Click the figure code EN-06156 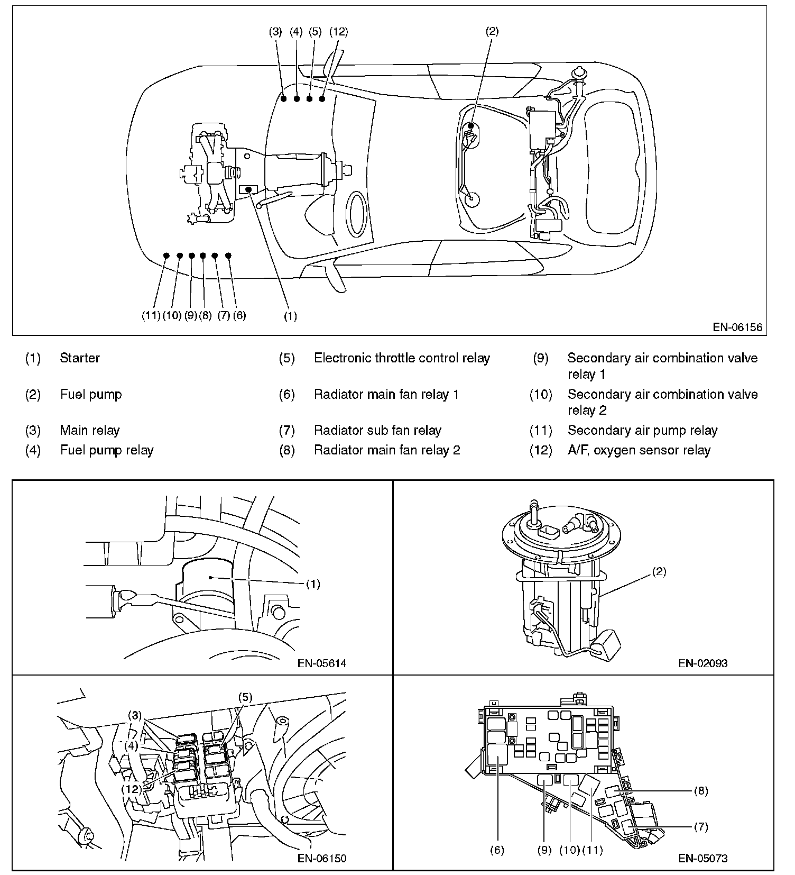click(737, 327)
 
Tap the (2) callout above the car click(492, 31)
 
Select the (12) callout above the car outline click(338, 31)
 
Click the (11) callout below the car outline click(151, 316)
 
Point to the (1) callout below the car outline click(290, 316)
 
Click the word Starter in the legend click(80, 358)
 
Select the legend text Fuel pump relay click(107, 450)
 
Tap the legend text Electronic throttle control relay click(402, 358)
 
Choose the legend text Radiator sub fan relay click(377, 431)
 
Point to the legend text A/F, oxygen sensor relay click(639, 450)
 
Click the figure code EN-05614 click(322, 663)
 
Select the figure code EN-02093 click(703, 663)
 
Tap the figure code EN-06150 click(322, 858)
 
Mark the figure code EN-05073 click(703, 858)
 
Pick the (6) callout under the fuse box click(497, 850)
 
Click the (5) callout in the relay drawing click(245, 697)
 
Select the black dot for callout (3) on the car click(284, 99)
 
